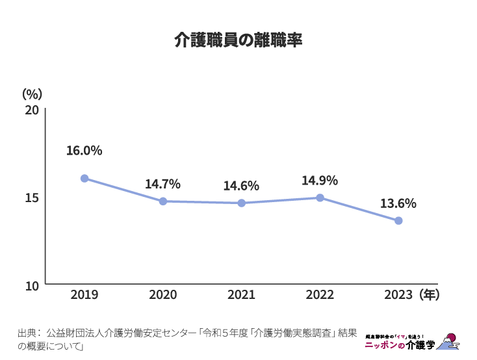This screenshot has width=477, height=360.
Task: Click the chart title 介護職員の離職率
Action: [238, 40]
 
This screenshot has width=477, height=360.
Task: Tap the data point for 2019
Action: [84, 178]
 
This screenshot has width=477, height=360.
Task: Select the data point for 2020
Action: [163, 201]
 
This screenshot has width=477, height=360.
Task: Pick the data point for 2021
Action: [241, 203]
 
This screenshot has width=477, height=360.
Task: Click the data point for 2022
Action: [320, 198]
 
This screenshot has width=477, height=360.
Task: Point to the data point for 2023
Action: [398, 221]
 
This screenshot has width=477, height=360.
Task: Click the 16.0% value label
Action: [84, 151]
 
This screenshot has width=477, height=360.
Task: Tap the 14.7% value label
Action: [162, 184]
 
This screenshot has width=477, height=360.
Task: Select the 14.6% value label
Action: [241, 186]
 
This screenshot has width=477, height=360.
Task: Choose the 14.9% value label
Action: [320, 181]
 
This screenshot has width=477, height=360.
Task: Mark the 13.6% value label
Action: [398, 203]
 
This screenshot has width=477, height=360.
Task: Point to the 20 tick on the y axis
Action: [32, 110]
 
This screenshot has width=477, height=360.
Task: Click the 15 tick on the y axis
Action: [32, 198]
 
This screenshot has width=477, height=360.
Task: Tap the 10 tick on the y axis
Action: [32, 285]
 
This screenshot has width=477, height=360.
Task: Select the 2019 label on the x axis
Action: [84, 295]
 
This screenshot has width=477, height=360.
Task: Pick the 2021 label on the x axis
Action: [241, 295]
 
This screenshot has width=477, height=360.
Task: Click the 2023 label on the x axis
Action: [398, 295]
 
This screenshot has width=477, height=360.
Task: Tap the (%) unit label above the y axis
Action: [32, 94]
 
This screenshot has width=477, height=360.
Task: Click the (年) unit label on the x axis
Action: [430, 295]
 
